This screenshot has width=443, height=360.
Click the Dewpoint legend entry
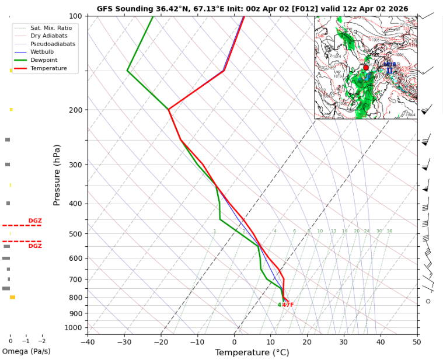point(47,60)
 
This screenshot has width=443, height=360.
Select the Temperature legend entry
point(49,68)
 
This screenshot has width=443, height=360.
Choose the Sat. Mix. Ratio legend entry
point(51,27)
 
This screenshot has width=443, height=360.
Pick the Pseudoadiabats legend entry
point(52,44)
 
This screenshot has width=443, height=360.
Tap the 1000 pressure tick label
point(74,328)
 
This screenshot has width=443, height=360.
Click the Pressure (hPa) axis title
point(57,175)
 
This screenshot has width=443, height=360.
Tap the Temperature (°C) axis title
point(252,352)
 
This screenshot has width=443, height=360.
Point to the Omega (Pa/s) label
point(26,351)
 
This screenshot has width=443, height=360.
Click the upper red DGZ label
point(35,221)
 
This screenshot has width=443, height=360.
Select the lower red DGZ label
point(35,246)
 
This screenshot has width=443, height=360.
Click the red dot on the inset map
point(366,68)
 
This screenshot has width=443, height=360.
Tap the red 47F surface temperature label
point(288,305)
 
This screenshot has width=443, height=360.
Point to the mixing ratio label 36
point(389,231)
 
